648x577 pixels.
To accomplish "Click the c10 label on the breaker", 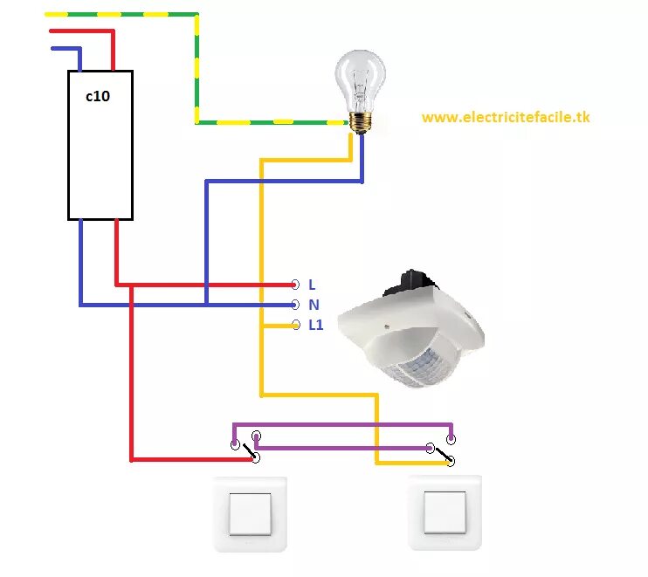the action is click(x=97, y=97).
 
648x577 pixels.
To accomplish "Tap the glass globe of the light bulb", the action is click(x=361, y=77).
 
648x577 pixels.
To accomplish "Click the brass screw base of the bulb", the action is click(x=359, y=122).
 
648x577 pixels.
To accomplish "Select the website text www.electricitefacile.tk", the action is click(x=506, y=117).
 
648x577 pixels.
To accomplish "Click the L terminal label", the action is click(x=312, y=285).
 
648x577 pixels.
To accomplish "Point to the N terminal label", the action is click(x=314, y=305).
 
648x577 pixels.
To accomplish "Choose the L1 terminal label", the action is click(x=315, y=325).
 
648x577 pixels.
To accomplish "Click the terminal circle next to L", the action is click(x=294, y=285).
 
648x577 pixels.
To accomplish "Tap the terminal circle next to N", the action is click(x=294, y=305).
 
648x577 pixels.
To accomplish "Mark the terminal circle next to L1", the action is click(x=294, y=325).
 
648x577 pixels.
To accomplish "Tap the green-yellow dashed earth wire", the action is click(x=197, y=70).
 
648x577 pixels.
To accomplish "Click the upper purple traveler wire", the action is click(x=341, y=425).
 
